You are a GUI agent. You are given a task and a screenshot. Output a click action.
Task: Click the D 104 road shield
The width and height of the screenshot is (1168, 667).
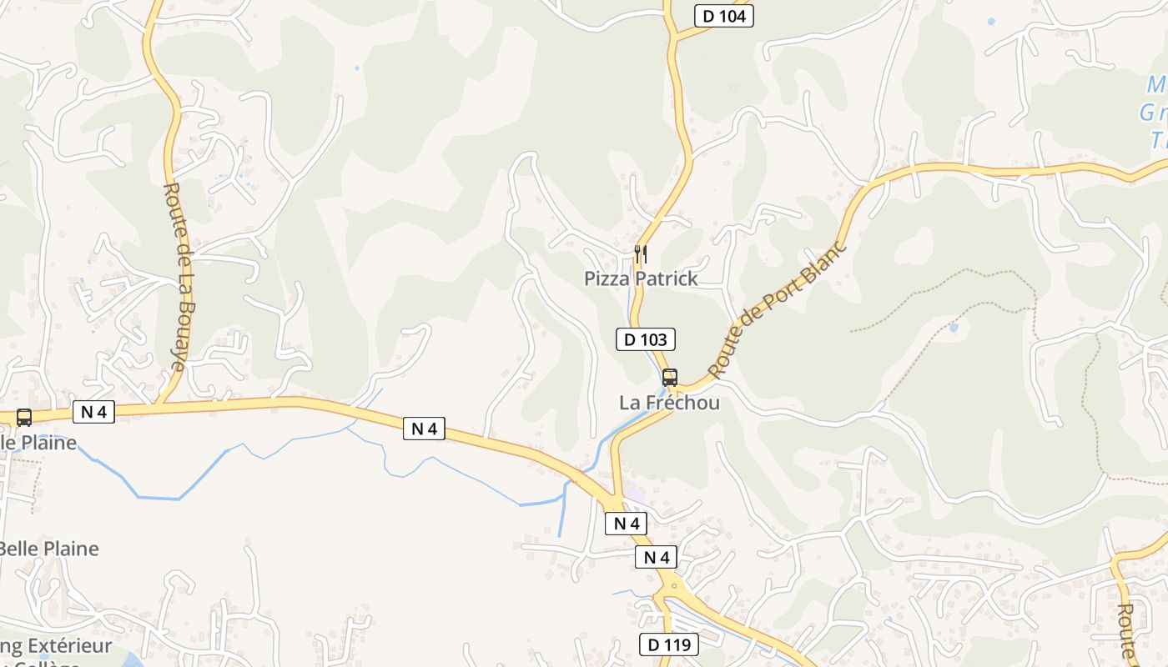723,15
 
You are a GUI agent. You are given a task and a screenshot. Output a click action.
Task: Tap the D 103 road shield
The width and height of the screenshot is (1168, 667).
645,339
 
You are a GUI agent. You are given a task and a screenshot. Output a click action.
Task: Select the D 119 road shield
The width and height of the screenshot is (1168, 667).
669,644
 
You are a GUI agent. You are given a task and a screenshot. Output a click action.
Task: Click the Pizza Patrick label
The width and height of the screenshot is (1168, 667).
641,278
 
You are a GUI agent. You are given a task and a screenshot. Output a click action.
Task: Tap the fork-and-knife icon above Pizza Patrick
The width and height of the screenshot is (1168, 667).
641,253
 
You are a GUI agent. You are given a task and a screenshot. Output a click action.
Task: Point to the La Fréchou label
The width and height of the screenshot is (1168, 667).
669,402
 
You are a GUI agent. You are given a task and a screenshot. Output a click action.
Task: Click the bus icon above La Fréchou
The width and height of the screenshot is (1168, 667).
669,377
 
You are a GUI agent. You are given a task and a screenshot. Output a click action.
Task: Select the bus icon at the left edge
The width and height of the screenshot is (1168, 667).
24,418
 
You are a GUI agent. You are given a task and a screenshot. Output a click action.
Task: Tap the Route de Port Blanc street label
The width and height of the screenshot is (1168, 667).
777,309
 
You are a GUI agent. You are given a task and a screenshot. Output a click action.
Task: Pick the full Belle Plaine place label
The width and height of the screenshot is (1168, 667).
48,549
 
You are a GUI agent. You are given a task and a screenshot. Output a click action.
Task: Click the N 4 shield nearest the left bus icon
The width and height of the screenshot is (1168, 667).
93,411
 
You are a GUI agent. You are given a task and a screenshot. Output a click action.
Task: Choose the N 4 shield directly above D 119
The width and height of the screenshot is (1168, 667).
657,558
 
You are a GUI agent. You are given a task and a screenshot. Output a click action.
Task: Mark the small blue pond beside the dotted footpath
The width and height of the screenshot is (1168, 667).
954,328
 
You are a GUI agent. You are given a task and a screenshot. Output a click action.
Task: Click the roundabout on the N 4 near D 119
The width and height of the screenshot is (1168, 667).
674,585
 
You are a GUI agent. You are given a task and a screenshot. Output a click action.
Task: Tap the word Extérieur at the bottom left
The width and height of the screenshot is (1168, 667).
70,646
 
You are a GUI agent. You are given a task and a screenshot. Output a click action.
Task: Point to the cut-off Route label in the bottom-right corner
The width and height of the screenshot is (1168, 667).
1126,629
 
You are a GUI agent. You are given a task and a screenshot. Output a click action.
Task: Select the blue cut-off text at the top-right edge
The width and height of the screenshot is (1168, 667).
1155,113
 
